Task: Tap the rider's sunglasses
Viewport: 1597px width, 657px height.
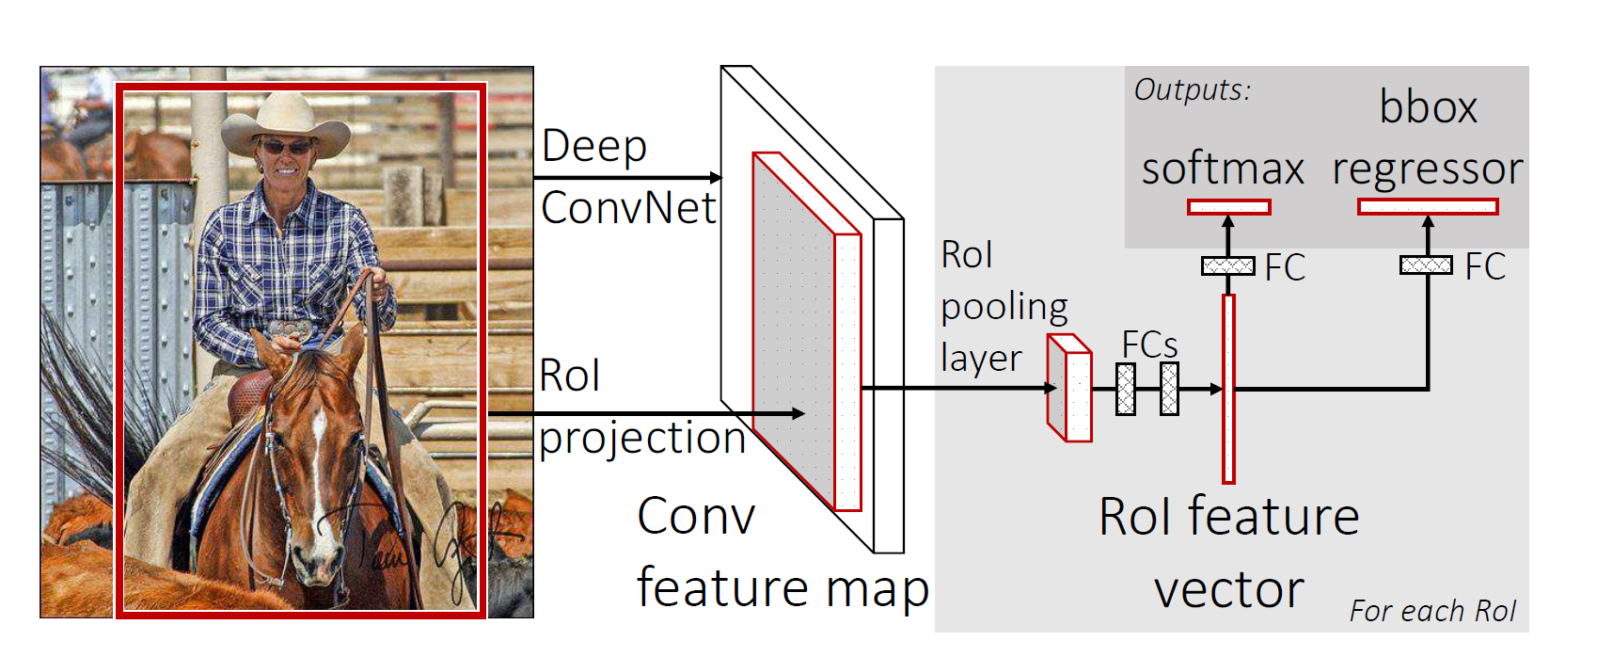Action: pyautogui.click(x=286, y=148)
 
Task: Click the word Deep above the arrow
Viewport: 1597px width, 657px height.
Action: pyautogui.click(x=594, y=147)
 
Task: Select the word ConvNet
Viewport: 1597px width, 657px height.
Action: pyautogui.click(x=628, y=208)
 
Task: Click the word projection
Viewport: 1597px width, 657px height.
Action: pyautogui.click(x=642, y=439)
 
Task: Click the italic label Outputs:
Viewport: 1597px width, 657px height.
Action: pyautogui.click(x=1192, y=90)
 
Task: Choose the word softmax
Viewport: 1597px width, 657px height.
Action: pyautogui.click(x=1223, y=169)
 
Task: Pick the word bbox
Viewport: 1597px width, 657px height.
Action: pyautogui.click(x=1428, y=107)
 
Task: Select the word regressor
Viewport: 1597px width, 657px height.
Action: pyautogui.click(x=1428, y=169)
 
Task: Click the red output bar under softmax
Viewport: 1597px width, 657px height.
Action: pyautogui.click(x=1228, y=207)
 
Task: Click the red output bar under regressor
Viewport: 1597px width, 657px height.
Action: pyautogui.click(x=1428, y=207)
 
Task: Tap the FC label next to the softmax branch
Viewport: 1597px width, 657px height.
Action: pyautogui.click(x=1285, y=267)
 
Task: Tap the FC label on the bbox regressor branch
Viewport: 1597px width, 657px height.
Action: pyautogui.click(x=1485, y=267)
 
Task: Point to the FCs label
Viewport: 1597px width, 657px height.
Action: pyautogui.click(x=1149, y=345)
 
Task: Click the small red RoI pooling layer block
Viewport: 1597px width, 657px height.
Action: pyautogui.click(x=1070, y=389)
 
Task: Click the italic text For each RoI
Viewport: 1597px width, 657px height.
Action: pyautogui.click(x=1432, y=612)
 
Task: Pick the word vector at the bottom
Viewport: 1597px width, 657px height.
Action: pyautogui.click(x=1228, y=590)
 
